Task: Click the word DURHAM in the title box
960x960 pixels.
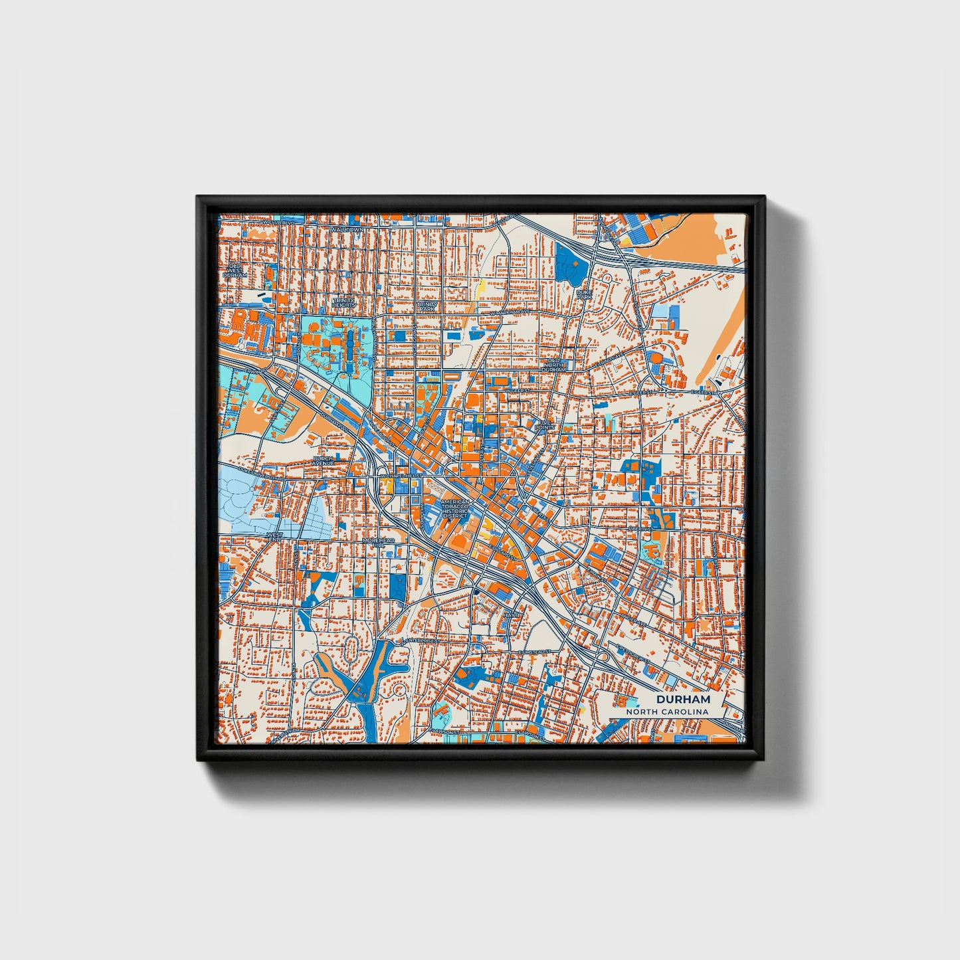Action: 683,700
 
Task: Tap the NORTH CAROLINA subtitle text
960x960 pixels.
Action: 666,712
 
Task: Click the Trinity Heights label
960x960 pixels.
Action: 344,302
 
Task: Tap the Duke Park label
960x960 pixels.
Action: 584,294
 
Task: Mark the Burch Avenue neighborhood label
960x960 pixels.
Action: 324,460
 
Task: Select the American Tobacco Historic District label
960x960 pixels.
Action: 455,508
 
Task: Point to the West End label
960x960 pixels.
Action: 274,536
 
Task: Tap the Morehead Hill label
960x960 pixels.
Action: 378,542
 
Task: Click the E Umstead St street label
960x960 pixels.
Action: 535,652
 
